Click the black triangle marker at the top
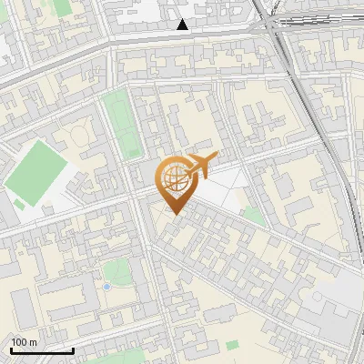pos(183,25)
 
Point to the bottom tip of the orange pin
pos(174,215)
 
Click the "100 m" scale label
pos(25,341)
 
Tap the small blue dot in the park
pos(106,287)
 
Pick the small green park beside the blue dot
pos(116,271)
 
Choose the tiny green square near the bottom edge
pos(232,345)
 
